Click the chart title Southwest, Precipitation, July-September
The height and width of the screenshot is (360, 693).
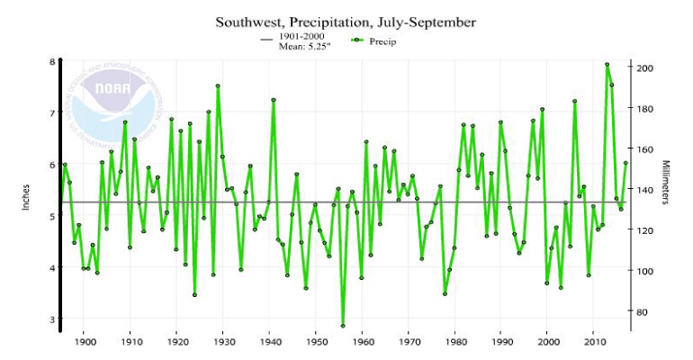click(346, 22)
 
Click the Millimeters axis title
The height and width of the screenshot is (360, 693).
click(667, 184)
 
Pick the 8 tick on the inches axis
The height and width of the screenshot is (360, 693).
click(52, 62)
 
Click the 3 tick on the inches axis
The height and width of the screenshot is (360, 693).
click(52, 319)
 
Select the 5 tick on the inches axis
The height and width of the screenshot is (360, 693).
click(52, 217)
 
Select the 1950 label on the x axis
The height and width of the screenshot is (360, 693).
click(316, 342)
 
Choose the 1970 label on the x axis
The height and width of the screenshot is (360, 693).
click(409, 342)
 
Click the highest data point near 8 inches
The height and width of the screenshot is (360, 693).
click(607, 65)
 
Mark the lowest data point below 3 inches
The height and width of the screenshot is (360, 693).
click(343, 326)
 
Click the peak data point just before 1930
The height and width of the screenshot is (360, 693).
click(218, 86)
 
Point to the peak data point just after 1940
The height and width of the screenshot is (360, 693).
click(274, 100)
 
